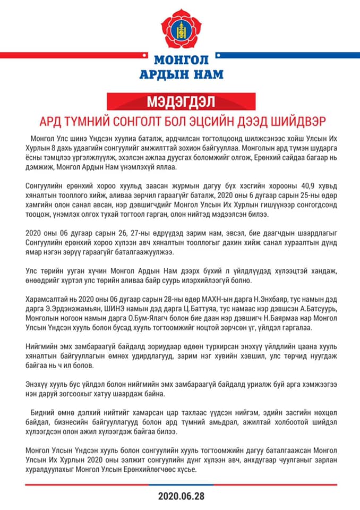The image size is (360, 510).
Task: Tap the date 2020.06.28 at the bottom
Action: [181, 496]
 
